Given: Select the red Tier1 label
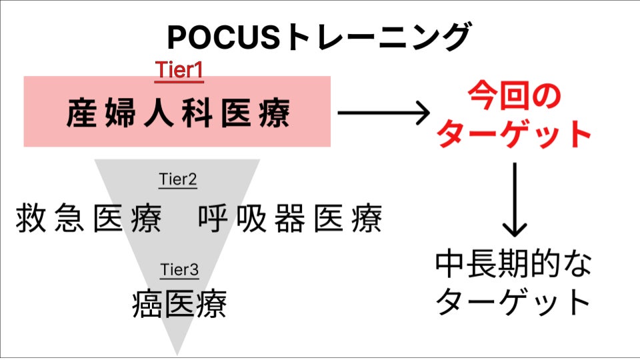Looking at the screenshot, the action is pyautogui.click(x=179, y=70).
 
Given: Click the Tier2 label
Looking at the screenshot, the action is pyautogui.click(x=178, y=179).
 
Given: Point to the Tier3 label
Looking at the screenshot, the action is pyautogui.click(x=179, y=270).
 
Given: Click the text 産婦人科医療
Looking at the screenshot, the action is pyautogui.click(x=178, y=113).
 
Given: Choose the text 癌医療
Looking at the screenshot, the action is pyautogui.click(x=179, y=305).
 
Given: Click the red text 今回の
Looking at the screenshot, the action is pyautogui.click(x=513, y=97).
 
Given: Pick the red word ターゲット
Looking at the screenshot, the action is pyautogui.click(x=513, y=134).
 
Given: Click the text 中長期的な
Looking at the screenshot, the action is pyautogui.click(x=513, y=265).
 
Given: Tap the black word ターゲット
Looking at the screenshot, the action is pyautogui.click(x=513, y=303).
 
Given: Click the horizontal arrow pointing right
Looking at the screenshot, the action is pyautogui.click(x=383, y=113).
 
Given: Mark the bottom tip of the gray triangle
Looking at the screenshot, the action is pyautogui.click(x=178, y=353).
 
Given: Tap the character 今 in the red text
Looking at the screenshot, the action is pyautogui.click(x=479, y=97).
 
